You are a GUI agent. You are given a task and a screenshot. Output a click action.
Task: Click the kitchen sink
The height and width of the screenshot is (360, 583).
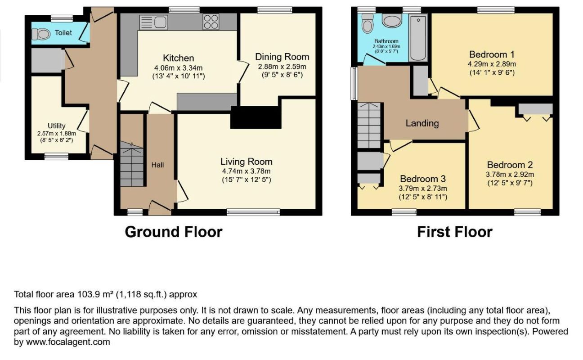(x=153, y=22)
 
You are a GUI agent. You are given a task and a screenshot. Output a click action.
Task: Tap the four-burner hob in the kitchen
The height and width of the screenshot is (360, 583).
(x=211, y=22)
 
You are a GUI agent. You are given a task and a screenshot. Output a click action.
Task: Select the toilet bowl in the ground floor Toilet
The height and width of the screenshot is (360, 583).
(x=41, y=34)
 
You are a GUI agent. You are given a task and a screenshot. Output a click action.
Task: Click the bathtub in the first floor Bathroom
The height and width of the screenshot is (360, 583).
(x=418, y=38)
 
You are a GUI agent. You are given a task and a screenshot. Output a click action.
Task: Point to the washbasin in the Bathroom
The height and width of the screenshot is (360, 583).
(x=392, y=21)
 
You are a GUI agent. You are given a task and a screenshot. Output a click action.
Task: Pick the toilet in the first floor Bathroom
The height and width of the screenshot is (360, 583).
(x=368, y=23)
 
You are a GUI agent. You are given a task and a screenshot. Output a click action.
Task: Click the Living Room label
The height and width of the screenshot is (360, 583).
(x=246, y=162)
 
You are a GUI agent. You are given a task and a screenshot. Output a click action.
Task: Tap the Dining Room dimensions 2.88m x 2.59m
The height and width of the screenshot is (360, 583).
(x=282, y=67)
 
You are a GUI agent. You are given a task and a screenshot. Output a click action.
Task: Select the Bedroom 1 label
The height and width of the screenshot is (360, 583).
(x=492, y=54)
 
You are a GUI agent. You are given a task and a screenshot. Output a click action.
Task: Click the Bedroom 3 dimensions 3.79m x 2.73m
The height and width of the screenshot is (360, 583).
(x=423, y=188)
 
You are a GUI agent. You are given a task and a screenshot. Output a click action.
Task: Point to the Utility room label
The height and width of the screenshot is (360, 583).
(x=57, y=126)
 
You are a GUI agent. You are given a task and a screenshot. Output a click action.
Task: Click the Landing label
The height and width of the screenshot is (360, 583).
(x=422, y=123)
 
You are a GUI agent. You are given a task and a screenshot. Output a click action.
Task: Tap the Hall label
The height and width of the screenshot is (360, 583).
(x=158, y=165)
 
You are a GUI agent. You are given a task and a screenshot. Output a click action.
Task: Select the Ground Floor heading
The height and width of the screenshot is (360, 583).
(x=174, y=232)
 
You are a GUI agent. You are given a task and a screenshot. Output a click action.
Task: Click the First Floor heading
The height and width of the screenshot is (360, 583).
(x=455, y=232)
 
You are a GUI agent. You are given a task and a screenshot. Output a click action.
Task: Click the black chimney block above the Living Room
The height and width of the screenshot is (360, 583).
(x=256, y=117)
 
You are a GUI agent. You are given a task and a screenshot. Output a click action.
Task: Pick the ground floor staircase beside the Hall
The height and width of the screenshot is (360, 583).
(x=132, y=164)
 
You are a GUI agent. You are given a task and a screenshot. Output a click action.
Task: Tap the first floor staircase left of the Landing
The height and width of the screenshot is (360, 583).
(x=369, y=126)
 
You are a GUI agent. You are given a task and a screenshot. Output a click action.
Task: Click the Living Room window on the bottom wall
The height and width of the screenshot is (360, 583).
(x=253, y=212)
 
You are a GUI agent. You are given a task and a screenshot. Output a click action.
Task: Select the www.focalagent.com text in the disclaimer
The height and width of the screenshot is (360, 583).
(x=68, y=342)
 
